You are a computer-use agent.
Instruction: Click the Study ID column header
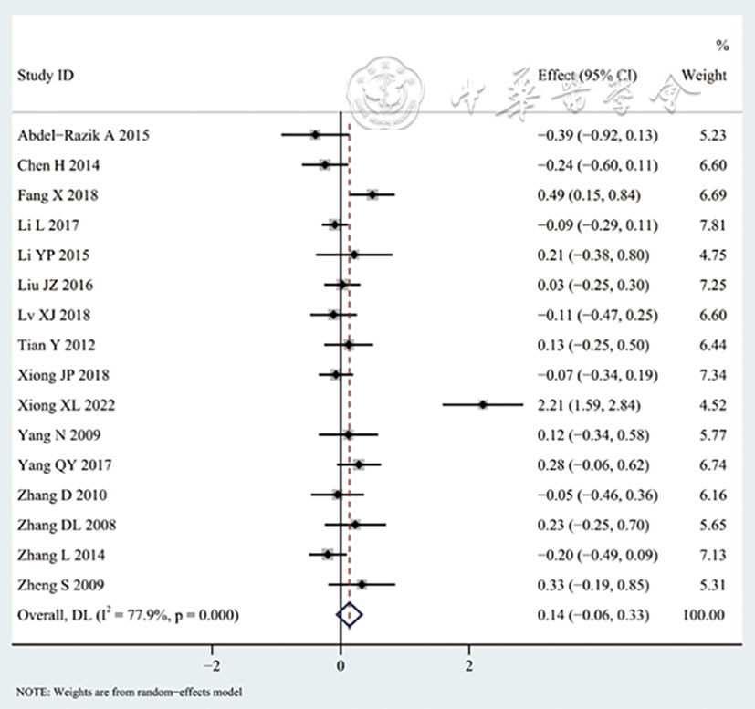(46, 76)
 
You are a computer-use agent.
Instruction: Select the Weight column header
(704, 76)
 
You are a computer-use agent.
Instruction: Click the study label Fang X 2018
(58, 195)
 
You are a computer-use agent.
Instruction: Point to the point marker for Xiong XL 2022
(484, 404)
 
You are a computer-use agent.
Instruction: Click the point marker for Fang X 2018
(372, 194)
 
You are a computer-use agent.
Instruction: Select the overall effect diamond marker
(350, 616)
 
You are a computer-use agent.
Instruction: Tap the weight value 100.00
(703, 616)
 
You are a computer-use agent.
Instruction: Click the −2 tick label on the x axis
(212, 662)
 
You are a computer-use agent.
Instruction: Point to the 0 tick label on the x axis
(341, 662)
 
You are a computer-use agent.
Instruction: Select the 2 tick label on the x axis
(469, 662)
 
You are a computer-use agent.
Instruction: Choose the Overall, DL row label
(129, 616)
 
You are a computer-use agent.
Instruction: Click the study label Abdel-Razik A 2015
(83, 136)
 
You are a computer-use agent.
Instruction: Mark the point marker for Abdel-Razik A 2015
(315, 134)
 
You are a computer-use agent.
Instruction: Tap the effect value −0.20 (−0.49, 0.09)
(597, 555)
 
